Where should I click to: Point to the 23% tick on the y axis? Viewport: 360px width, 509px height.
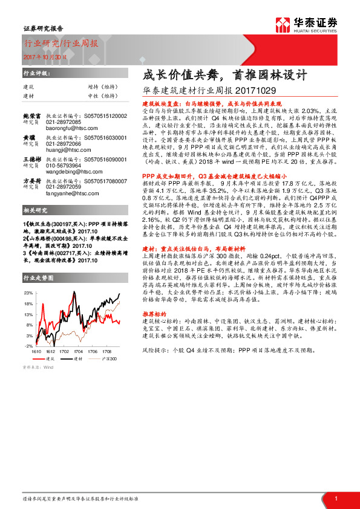(28, 293)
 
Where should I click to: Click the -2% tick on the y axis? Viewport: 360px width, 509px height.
(28, 345)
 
